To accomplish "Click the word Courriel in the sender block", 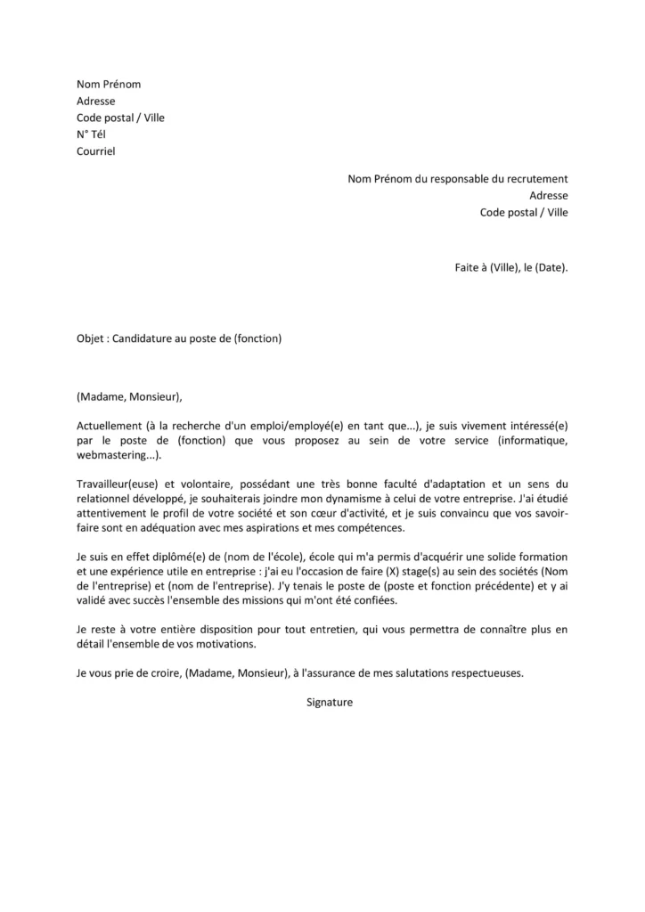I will coord(95,151).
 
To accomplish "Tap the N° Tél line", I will coord(91,134).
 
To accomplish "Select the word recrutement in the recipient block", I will coord(534,179).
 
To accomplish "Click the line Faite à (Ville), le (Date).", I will coord(510,266).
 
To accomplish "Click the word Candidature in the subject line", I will coord(143,338).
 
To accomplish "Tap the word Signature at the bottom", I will coord(330,702).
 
